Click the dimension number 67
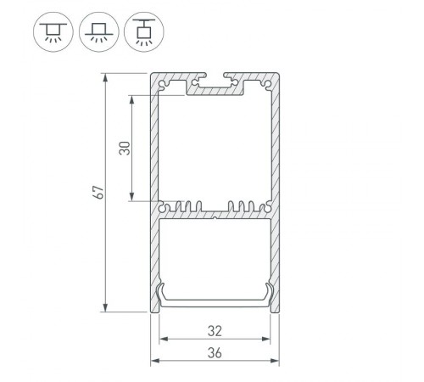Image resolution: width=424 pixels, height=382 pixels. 99,193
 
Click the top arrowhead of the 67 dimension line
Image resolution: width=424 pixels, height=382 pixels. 106,77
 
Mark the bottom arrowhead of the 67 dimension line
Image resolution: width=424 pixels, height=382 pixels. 106,309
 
